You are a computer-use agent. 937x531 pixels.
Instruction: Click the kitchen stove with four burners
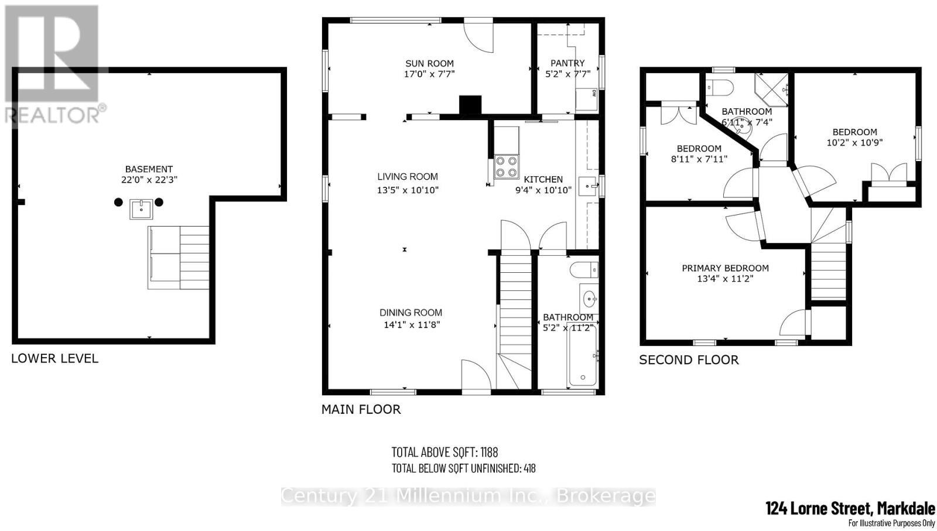pyautogui.click(x=507, y=166)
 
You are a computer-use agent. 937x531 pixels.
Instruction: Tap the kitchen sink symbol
pyautogui.click(x=589, y=187)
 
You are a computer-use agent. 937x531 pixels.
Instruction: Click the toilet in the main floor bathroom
pyautogui.click(x=583, y=270)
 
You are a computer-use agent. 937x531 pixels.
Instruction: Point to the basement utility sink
pyautogui.click(x=141, y=208)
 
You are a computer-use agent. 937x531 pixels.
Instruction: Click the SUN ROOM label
pyautogui.click(x=429, y=63)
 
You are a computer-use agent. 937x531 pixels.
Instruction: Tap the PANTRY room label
pyautogui.click(x=567, y=63)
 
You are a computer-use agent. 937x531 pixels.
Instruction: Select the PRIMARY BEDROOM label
pyautogui.click(x=725, y=268)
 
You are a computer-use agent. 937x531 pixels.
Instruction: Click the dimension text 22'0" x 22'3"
pyautogui.click(x=149, y=180)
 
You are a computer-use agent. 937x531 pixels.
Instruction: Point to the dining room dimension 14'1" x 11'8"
pyautogui.click(x=411, y=324)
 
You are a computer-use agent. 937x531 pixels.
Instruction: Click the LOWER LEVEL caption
pyautogui.click(x=54, y=358)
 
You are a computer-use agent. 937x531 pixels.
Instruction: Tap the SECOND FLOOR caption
pyautogui.click(x=689, y=360)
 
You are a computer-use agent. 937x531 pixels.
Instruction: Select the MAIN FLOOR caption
pyautogui.click(x=361, y=409)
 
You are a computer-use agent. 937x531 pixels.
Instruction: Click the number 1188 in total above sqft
pyautogui.click(x=488, y=452)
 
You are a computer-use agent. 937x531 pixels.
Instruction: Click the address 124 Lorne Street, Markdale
pyautogui.click(x=850, y=508)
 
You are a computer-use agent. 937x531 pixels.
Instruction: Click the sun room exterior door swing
pyautogui.click(x=479, y=35)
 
